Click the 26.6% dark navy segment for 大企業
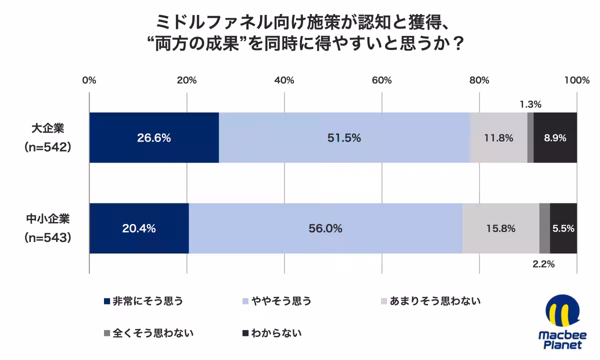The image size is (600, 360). [x=154, y=138]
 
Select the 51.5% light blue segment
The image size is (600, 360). [x=344, y=138]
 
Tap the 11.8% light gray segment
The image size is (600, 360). [x=498, y=138]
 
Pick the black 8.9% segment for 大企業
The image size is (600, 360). [x=555, y=138]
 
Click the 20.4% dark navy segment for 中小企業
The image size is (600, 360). [x=139, y=228]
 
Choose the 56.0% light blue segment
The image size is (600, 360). [x=325, y=228]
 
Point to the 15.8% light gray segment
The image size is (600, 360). [x=500, y=228]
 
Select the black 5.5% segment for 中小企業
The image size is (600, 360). [x=563, y=228]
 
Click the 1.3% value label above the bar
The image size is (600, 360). [x=530, y=104]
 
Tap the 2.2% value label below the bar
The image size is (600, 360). [x=543, y=264]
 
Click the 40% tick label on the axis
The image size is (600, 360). [x=284, y=80]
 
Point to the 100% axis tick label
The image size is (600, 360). [x=577, y=80]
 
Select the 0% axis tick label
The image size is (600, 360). [x=89, y=80]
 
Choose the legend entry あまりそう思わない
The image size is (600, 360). [x=430, y=301]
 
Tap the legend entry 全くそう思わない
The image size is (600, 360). [x=148, y=332]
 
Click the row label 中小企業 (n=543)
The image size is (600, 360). [x=47, y=228]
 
